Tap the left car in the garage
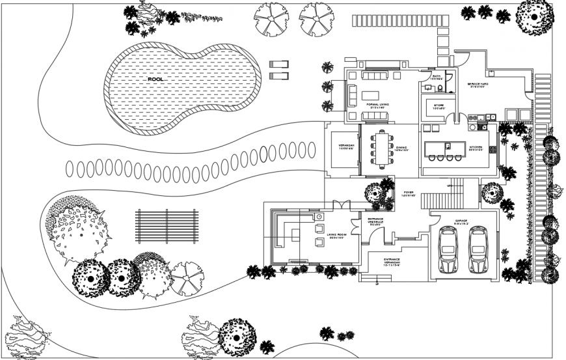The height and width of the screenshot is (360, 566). coord(448,249)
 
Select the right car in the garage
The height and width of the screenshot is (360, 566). coord(479,249)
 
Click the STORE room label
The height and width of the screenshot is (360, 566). coord(438,105)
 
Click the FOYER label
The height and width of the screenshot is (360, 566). coord(408,193)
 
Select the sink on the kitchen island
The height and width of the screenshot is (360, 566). coord(448,145)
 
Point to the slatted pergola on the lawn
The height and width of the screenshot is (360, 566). coord(166,226)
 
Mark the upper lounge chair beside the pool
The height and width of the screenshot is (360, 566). coord(279,64)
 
